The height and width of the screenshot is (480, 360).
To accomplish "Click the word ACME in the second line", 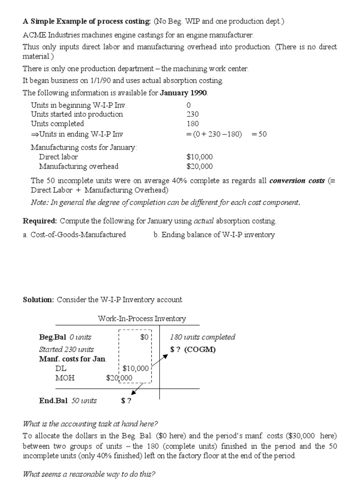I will (34, 35).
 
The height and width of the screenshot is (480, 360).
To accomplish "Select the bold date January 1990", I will (184, 93).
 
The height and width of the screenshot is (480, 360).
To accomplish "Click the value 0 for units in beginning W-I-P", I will (188, 105).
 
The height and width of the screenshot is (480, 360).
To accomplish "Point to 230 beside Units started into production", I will (192, 114).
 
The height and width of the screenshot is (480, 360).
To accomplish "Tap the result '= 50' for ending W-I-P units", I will (259, 134).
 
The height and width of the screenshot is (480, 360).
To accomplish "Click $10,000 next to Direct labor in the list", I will (199, 157).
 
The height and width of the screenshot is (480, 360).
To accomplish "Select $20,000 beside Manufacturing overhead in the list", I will (199, 166).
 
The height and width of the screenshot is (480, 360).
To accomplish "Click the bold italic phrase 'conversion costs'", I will (297, 180).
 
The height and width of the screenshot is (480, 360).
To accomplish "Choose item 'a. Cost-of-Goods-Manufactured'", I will (74, 235).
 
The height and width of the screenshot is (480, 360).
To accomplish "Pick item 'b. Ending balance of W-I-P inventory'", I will (214, 235).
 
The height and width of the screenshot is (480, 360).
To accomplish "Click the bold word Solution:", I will (38, 300).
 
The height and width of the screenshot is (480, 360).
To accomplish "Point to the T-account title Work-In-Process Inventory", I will (142, 319).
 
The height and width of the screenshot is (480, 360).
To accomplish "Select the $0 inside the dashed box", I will (144, 337).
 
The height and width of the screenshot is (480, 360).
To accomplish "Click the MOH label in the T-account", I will (65, 378).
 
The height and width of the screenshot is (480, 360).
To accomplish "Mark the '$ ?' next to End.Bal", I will (126, 400).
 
